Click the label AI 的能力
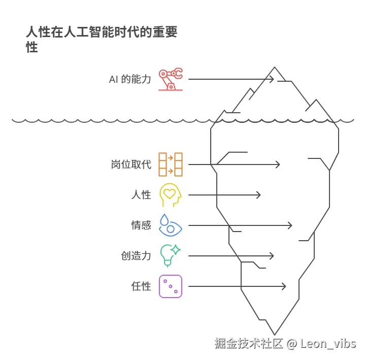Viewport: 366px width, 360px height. pyautogui.click(x=130, y=79)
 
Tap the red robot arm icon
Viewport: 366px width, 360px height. pyautogui.click(x=171, y=79)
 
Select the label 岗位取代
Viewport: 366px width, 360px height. pyautogui.click(x=131, y=165)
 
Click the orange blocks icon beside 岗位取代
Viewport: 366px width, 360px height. pyautogui.click(x=171, y=165)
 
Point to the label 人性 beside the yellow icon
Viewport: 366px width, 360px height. pyautogui.click(x=141, y=195)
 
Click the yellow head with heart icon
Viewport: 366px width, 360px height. pyautogui.click(x=171, y=195)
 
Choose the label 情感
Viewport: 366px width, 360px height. pyautogui.click(x=141, y=225)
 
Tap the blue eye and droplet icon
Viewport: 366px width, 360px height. pyautogui.click(x=171, y=225)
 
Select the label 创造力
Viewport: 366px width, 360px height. pyautogui.click(x=136, y=256)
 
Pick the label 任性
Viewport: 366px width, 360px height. pyautogui.click(x=141, y=286)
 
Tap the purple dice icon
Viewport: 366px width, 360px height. pyautogui.click(x=171, y=286)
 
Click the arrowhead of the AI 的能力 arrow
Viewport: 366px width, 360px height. pyautogui.click(x=273, y=79)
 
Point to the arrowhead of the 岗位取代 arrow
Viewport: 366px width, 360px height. pyautogui.click(x=278, y=165)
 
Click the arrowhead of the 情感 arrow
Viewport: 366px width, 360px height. pyautogui.click(x=290, y=225)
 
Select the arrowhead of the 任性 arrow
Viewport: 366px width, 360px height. pyautogui.click(x=284, y=286)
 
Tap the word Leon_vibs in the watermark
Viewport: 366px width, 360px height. pyautogui.click(x=328, y=344)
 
